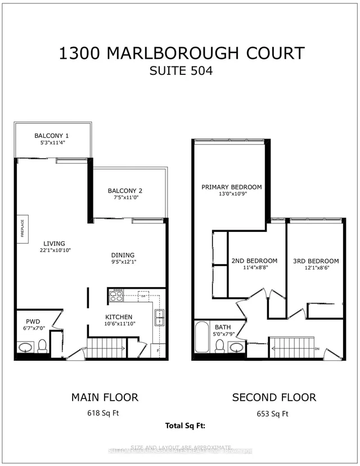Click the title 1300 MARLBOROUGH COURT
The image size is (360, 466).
[182, 53]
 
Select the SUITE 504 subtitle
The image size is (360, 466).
[182, 72]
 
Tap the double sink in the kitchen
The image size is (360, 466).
[159, 319]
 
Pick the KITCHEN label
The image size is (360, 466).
[119, 317]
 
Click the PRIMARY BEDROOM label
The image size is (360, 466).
[232, 187]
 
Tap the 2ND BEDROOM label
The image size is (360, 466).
[254, 261]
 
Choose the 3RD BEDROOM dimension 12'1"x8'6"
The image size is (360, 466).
[315, 268]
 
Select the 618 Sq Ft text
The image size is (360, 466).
[104, 414]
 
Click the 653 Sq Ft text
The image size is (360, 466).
[273, 414]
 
